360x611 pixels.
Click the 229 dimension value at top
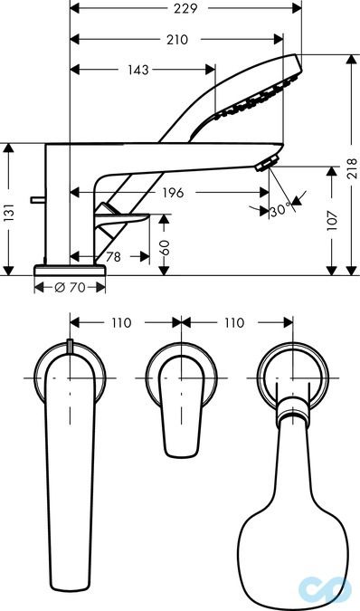click(188, 8)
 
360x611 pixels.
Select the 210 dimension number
click(177, 39)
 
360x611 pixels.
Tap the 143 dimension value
click(138, 69)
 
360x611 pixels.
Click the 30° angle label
click(279, 211)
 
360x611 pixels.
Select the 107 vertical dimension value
click(332, 218)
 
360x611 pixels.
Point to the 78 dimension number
click(113, 257)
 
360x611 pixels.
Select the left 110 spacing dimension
click(121, 322)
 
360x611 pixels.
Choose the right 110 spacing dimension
click(233, 322)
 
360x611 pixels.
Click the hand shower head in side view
click(262, 91)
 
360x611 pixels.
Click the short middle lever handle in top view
click(180, 407)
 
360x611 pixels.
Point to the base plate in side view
click(70, 269)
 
